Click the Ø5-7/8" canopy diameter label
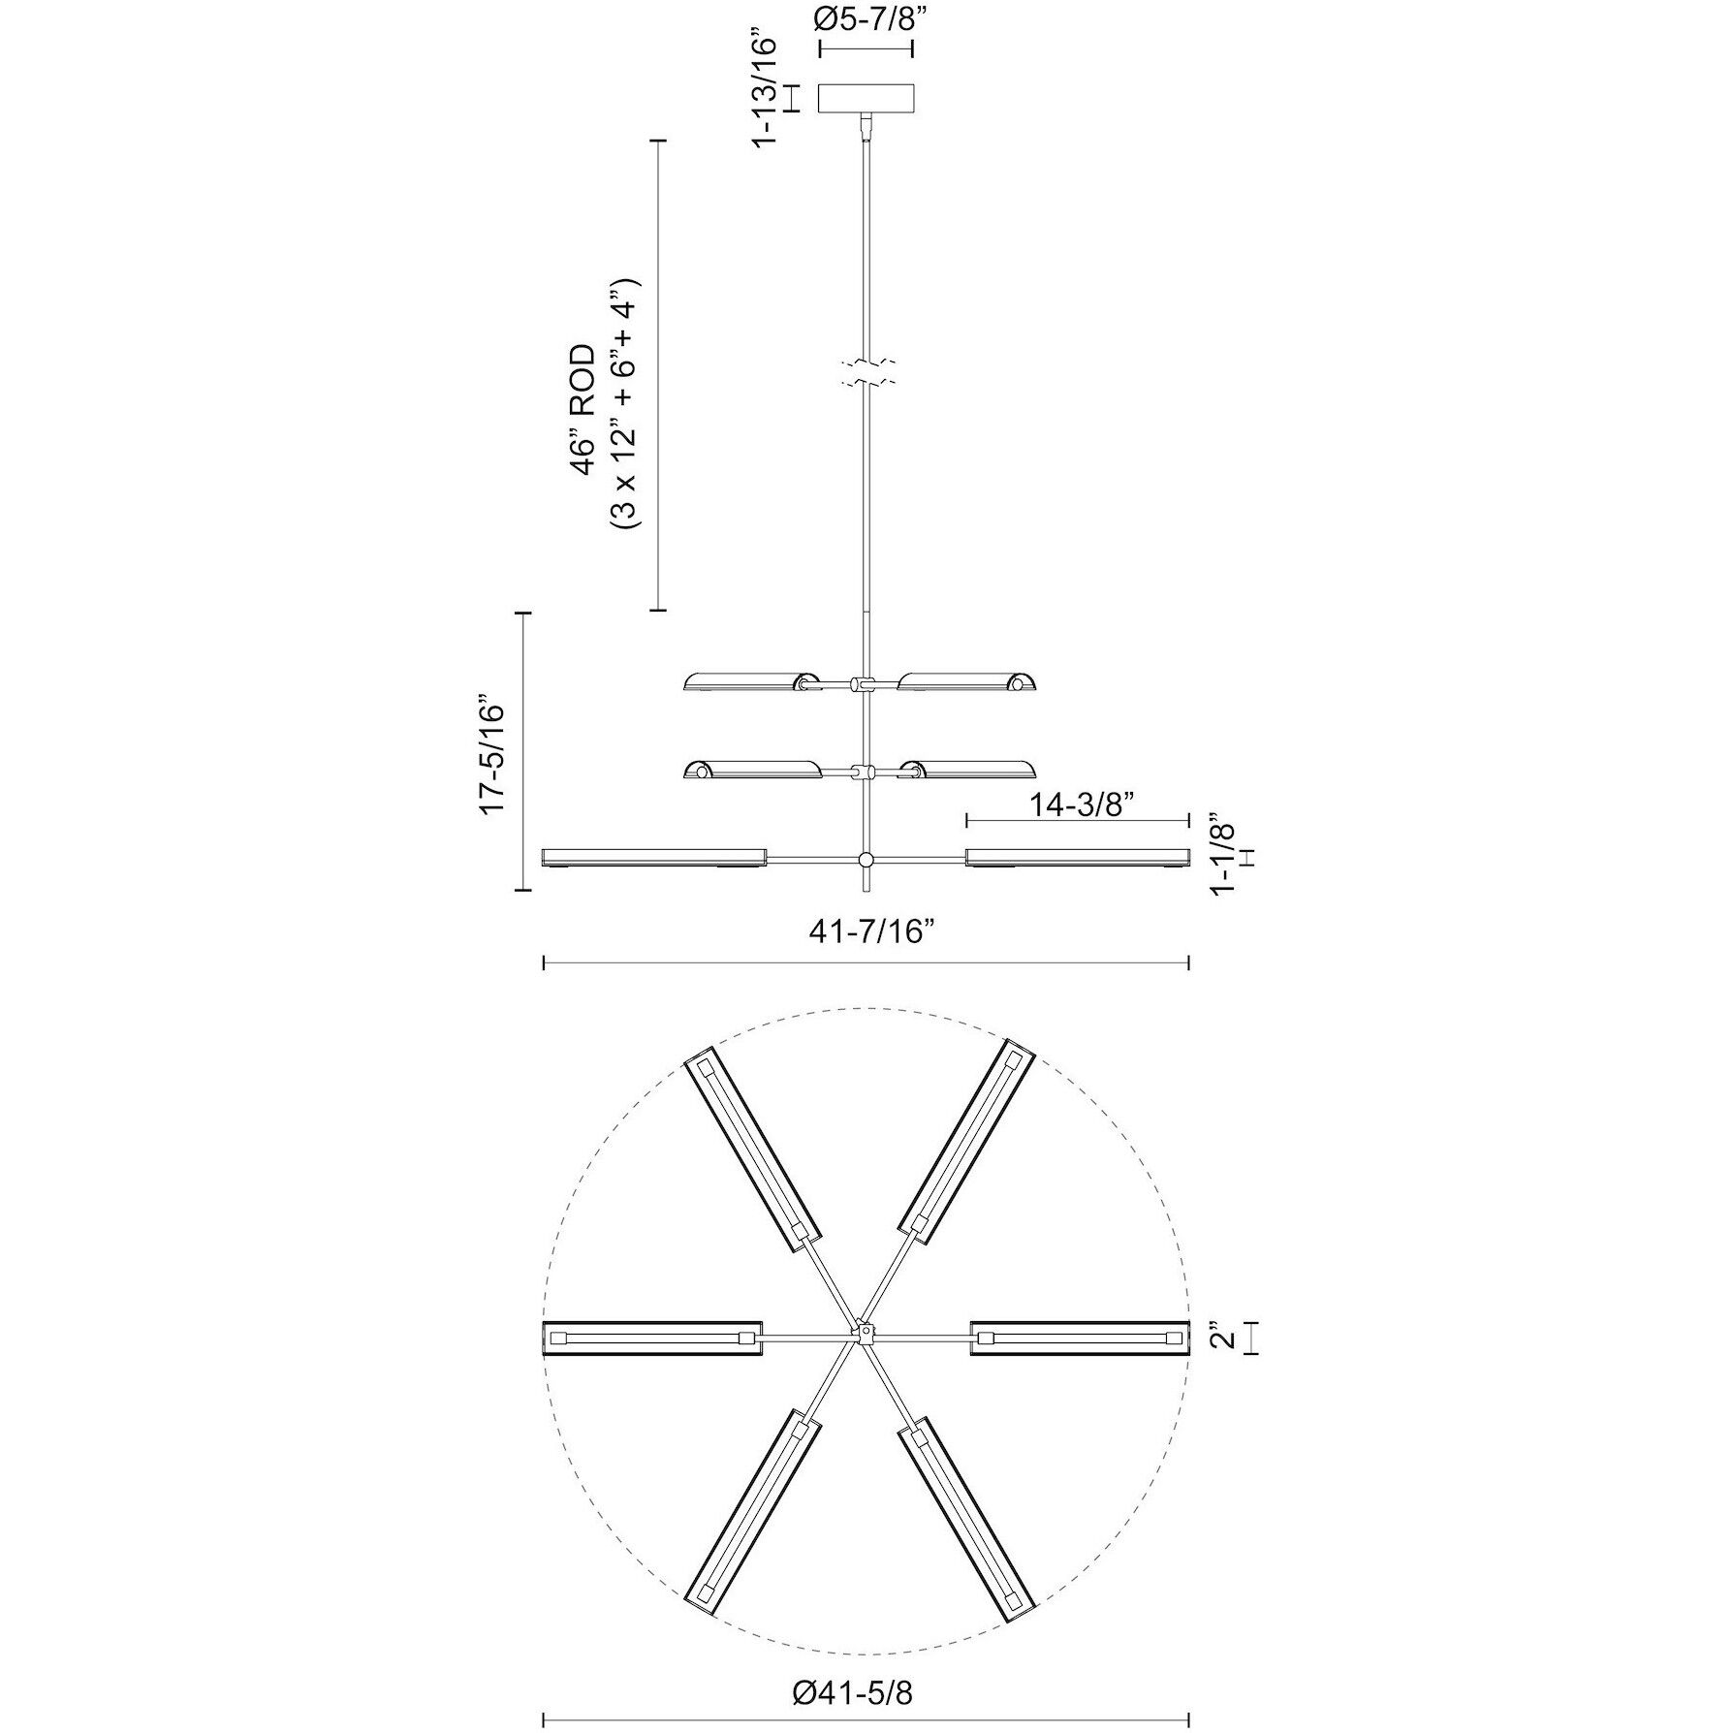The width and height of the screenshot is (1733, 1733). pos(866,20)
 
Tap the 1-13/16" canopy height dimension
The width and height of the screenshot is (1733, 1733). pos(766,92)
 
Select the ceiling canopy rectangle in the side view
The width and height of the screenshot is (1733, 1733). pos(866,98)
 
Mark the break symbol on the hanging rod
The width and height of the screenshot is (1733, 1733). pos(866,374)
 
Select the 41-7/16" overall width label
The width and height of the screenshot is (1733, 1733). pos(866,932)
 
